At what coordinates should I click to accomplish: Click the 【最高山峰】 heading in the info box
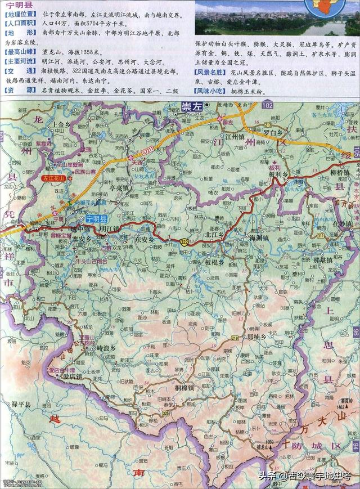(x=16, y=52)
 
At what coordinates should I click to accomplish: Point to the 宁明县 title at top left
(x=16, y=5)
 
